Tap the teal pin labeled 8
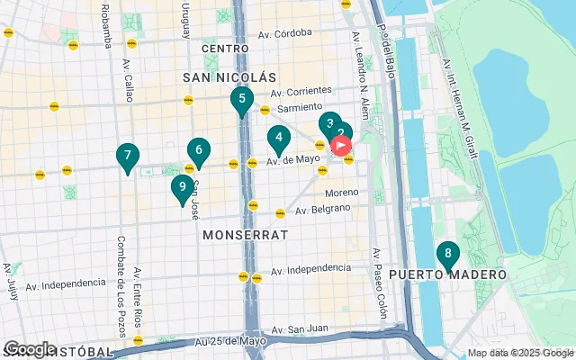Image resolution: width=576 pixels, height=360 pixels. [447, 254]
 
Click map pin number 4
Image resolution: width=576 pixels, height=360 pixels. [279, 139]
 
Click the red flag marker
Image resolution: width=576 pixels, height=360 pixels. [342, 144]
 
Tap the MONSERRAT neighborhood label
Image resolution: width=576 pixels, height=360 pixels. [246, 234]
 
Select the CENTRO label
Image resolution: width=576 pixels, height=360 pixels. [225, 48]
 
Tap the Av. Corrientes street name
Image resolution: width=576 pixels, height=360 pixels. [301, 91]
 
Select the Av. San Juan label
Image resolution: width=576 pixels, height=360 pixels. [300, 330]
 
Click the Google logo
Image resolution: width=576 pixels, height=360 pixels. [29, 348]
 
